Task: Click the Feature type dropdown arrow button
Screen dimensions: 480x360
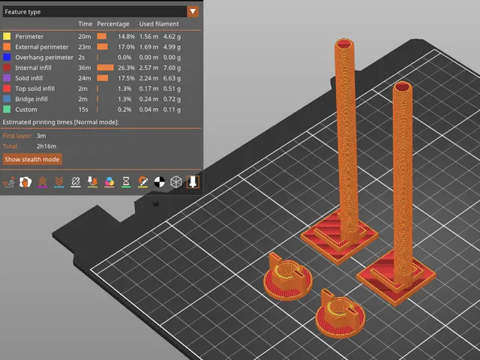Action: pos(193,12)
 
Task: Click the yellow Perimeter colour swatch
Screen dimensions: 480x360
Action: pos(7,37)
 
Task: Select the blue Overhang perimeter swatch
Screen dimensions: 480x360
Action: pos(7,57)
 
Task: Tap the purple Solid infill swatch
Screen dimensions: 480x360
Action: pos(7,78)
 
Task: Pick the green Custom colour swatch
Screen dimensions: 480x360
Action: pos(7,109)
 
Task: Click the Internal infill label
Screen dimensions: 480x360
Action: pos(33,67)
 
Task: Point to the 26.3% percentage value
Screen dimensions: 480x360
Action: pos(126,67)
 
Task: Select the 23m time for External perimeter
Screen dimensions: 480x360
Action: pos(85,46)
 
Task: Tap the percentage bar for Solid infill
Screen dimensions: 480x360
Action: pos(103,78)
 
